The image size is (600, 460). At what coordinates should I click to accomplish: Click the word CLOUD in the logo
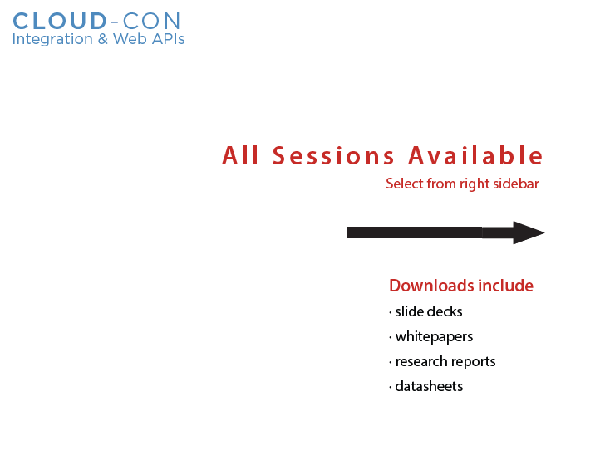[59, 21]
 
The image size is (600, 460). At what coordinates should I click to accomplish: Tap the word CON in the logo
[151, 21]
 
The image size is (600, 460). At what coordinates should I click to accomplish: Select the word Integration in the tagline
[52, 39]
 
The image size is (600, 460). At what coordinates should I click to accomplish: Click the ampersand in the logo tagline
[102, 39]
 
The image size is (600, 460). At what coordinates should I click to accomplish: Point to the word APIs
[169, 39]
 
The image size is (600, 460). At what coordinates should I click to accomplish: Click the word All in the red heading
[241, 155]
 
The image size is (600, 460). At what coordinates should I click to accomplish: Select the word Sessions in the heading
[333, 155]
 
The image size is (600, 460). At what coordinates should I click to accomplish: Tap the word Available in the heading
[475, 155]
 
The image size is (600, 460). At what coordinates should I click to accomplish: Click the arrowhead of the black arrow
[529, 232]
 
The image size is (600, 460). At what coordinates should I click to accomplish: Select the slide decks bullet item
[425, 311]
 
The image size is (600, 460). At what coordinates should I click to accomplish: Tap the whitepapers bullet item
[430, 337]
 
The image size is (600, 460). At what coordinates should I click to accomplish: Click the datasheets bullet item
[425, 386]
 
